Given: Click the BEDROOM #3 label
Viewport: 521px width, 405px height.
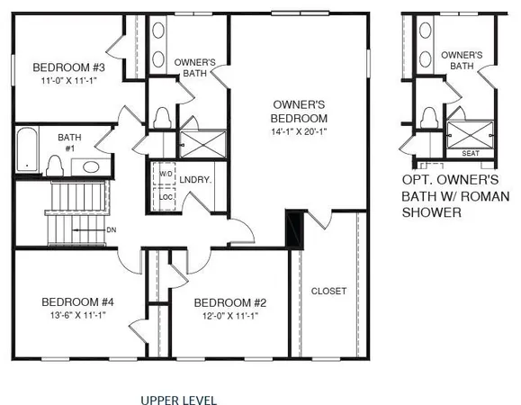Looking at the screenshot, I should click(69, 67).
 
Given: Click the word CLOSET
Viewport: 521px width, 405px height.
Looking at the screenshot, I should click(328, 291).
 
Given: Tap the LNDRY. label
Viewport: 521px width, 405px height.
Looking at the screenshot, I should click(195, 180).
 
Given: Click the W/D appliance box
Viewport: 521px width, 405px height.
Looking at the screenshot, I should click(166, 174).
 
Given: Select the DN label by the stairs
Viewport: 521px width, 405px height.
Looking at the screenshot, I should click(111, 229).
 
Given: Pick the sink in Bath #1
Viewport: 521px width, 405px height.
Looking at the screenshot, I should click(91, 166).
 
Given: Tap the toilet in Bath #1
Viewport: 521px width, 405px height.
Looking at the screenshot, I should click(55, 165).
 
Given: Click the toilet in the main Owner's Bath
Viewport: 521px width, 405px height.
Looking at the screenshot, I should click(163, 118).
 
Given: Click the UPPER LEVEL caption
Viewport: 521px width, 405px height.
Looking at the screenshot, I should click(178, 399).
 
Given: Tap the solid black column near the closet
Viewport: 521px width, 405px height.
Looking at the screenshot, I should click(293, 229).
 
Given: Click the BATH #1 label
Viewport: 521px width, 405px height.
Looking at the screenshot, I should click(69, 143).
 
